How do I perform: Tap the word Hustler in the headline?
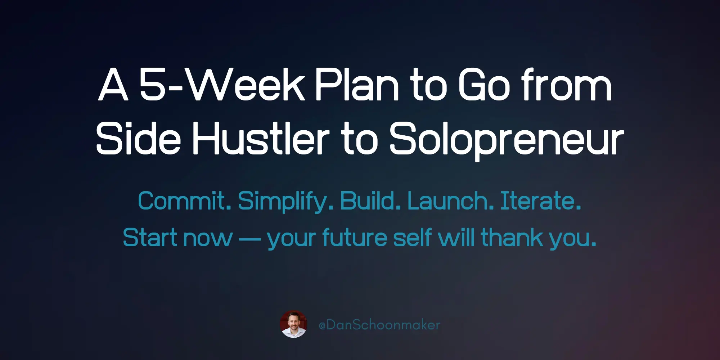point(261,139)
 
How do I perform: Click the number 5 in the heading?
point(152,85)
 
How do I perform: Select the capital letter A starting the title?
point(113,85)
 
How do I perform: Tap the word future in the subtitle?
point(354,238)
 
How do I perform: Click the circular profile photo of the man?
point(293,324)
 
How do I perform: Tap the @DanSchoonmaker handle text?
point(379,325)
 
